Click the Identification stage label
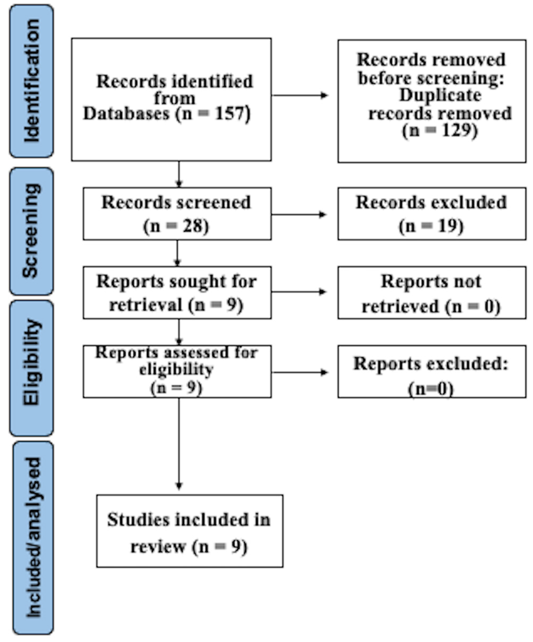pyautogui.click(x=31, y=81)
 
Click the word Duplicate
pyautogui.click(x=440, y=95)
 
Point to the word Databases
pyautogui.click(x=126, y=114)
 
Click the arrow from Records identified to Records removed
pyautogui.click(x=300, y=95)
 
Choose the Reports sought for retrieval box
pyautogui.click(x=177, y=292)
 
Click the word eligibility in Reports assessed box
pyautogui.click(x=176, y=370)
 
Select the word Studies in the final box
pyautogui.click(x=138, y=520)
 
